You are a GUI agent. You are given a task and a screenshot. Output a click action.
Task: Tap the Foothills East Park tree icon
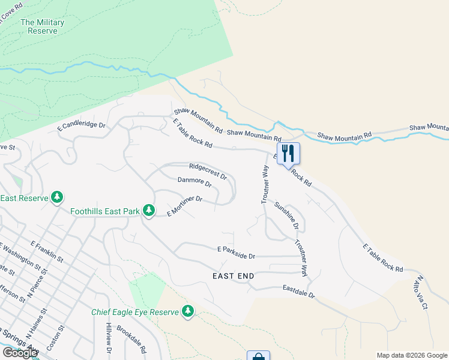pyautogui.click(x=149, y=211)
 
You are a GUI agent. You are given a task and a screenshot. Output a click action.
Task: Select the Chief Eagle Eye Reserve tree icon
pyautogui.click(x=188, y=311)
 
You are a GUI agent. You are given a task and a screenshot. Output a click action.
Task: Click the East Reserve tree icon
pyautogui.click(x=57, y=197)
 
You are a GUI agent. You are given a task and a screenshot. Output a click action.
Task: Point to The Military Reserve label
pyautogui.click(x=42, y=26)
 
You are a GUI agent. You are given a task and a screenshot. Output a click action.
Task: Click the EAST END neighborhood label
pyautogui.click(x=234, y=276)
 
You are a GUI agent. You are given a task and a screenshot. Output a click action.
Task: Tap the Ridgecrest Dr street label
pyautogui.click(x=208, y=172)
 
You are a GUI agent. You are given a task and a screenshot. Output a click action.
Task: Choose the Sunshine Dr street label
pyautogui.click(x=287, y=216)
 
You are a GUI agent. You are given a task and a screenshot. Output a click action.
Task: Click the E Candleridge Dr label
pyautogui.click(x=81, y=127)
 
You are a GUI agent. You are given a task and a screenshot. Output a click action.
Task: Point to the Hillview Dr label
pyautogui.click(x=109, y=341)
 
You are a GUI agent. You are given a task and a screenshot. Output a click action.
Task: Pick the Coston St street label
pyautogui.click(x=61, y=338)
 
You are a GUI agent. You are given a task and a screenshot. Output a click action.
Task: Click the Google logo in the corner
pyautogui.click(x=20, y=353)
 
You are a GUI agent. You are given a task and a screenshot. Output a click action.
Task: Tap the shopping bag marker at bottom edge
pyautogui.click(x=258, y=356)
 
